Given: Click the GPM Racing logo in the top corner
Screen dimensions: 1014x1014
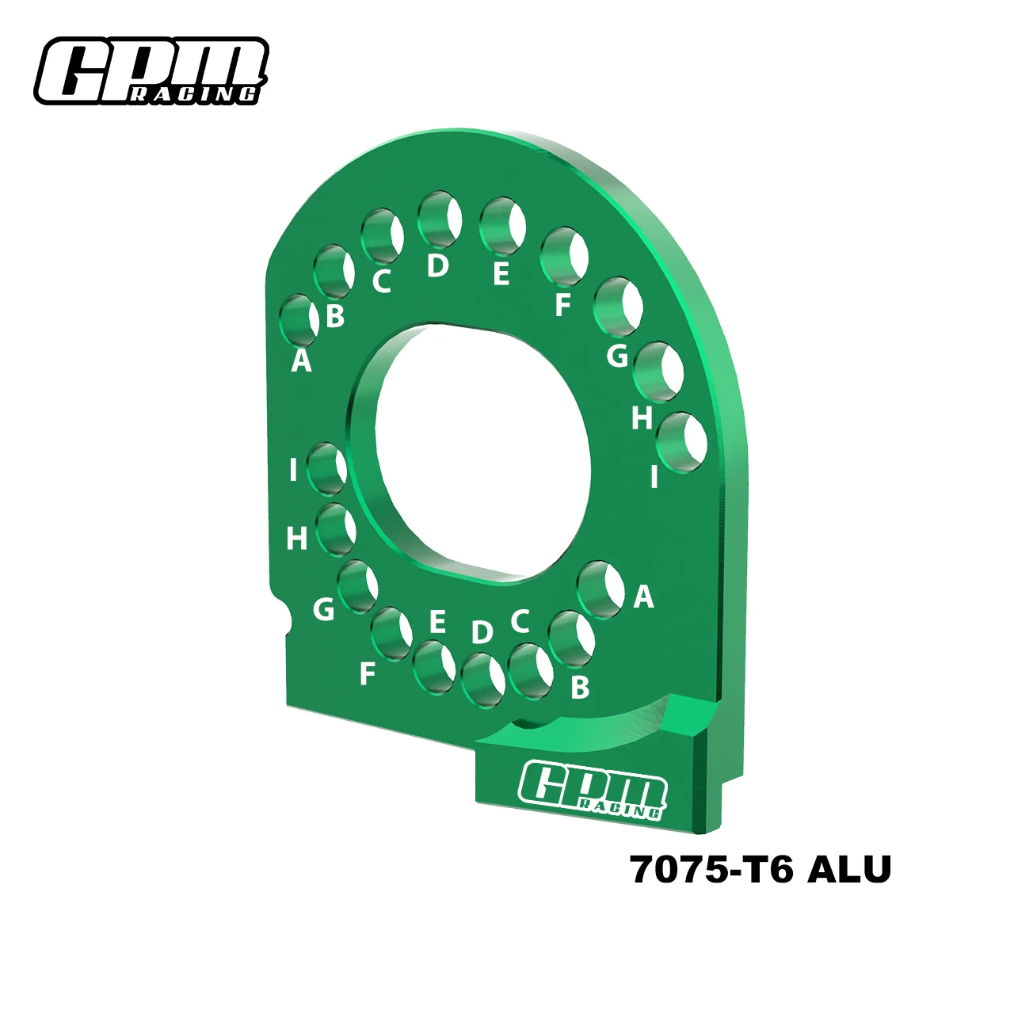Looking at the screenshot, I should [x=150, y=71].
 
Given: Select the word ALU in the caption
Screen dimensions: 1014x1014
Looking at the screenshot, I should [x=848, y=870].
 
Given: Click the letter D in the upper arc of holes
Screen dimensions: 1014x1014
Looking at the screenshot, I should [x=437, y=265].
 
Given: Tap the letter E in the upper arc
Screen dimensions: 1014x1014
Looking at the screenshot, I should [x=501, y=274].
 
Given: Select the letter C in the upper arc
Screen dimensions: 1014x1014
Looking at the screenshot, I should [x=382, y=281].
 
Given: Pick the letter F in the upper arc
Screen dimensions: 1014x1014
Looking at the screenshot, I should [x=562, y=305].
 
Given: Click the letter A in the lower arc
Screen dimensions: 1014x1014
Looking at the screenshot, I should [x=643, y=597].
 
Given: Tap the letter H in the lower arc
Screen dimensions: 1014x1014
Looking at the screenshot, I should [x=297, y=539].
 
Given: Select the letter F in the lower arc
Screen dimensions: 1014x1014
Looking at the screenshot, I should [x=367, y=674].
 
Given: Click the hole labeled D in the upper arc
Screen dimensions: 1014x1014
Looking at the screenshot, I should [x=440, y=218].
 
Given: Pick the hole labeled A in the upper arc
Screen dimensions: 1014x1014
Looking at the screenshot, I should [x=299, y=321].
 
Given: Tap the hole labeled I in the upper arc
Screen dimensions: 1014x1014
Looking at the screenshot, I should [x=682, y=441].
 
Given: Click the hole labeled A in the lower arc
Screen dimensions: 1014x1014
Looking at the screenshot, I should [x=600, y=589].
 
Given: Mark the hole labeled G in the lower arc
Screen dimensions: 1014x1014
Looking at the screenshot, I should [x=357, y=586].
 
